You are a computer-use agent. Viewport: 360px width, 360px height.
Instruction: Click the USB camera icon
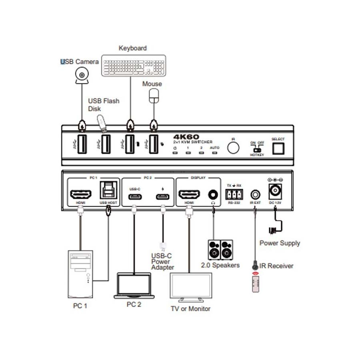82,75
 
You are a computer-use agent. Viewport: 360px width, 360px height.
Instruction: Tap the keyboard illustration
133,65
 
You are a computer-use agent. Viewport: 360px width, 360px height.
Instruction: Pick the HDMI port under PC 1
81,194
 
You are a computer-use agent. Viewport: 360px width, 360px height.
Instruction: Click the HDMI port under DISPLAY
189,194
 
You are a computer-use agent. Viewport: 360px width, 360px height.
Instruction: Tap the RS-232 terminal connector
234,194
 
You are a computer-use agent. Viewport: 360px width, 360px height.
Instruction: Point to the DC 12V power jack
275,191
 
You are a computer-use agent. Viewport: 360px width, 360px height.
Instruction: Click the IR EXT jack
255,195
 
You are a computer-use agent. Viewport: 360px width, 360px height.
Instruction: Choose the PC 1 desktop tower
80,274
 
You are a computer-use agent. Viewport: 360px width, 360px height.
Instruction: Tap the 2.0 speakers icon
220,250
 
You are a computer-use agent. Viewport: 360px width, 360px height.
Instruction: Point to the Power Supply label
280,243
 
